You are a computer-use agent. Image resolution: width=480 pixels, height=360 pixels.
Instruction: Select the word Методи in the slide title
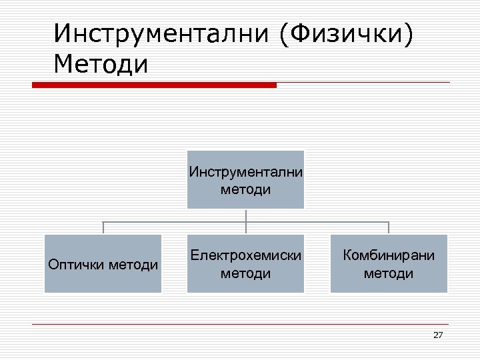click(x=102, y=65)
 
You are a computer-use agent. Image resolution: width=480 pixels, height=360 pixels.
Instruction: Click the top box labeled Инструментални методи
click(x=245, y=179)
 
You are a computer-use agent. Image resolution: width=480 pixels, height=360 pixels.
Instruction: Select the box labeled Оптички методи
click(x=103, y=263)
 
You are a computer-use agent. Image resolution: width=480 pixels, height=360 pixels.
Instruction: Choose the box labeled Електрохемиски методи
click(x=245, y=263)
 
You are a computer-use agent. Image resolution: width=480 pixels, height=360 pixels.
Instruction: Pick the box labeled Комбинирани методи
click(x=389, y=263)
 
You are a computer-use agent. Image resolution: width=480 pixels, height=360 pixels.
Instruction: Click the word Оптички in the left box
click(x=75, y=265)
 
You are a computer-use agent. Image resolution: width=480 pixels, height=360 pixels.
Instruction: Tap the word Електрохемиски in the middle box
click(x=245, y=255)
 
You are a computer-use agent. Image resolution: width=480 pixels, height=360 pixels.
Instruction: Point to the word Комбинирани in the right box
click(x=389, y=255)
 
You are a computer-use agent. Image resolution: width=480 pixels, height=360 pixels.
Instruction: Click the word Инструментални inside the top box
click(x=245, y=172)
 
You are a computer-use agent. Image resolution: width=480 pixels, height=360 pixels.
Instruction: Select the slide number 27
click(x=437, y=335)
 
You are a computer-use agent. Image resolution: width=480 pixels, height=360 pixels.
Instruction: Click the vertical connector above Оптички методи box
click(x=103, y=227)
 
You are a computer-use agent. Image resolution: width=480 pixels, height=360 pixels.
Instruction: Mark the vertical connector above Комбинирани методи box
click(x=389, y=227)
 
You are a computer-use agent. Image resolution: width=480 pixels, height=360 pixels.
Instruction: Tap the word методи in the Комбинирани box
click(x=389, y=273)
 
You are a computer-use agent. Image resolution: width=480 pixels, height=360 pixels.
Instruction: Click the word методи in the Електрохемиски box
click(x=245, y=273)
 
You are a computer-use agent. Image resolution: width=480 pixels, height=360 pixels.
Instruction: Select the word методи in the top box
click(x=245, y=189)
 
